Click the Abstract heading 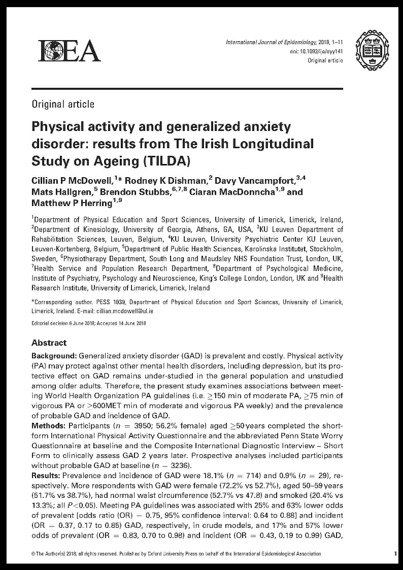[49, 343]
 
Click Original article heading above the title [63, 104]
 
